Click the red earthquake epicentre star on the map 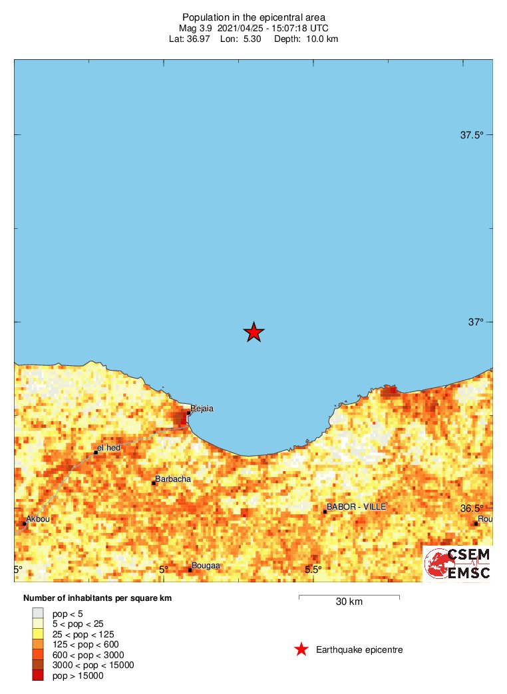pos(254,331)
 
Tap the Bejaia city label pos(202,409)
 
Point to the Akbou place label pos(38,518)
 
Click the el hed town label pos(108,448)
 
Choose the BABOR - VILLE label pos(356,507)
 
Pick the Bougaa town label pos(206,566)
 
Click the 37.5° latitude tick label pos(472,135)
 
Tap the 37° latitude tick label pos(475,322)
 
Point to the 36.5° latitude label pos(472,508)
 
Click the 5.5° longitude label pos(313,570)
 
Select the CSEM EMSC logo pos(458,564)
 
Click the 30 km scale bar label pos(349,602)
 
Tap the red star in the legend pos(301,649)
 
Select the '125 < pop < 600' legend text pos(86,644)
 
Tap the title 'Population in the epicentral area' pos(254,17)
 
